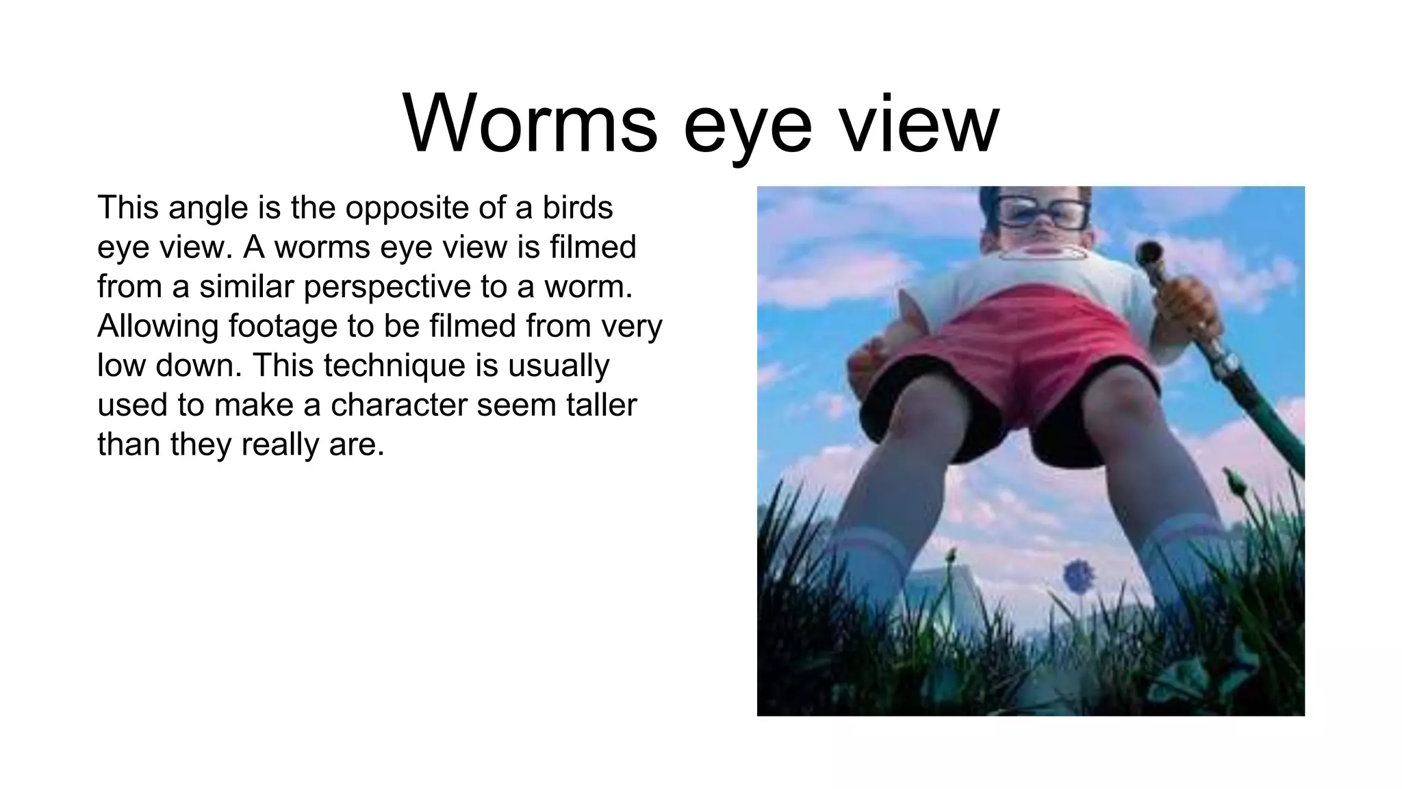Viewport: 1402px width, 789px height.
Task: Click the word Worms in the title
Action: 530,126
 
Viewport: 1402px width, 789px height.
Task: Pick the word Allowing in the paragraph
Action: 157,326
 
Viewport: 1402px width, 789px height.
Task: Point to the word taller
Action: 601,405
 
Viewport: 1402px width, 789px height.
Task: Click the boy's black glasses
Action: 1041,212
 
